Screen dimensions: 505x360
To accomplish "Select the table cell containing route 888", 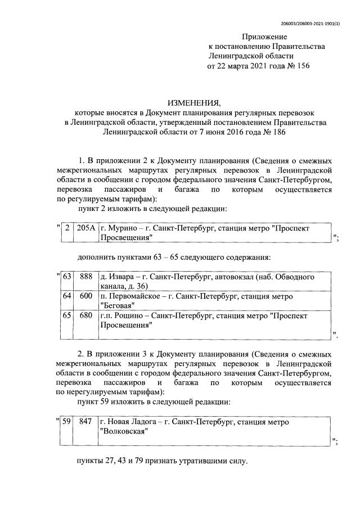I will coord(86,277).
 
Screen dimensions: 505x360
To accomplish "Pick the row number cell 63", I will coord(67,277).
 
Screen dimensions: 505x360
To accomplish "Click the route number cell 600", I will coord(86,296).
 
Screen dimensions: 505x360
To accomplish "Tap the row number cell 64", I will coord(67,296).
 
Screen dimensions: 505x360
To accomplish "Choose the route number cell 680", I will coord(86,316).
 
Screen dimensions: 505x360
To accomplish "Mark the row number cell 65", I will coord(67,316).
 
